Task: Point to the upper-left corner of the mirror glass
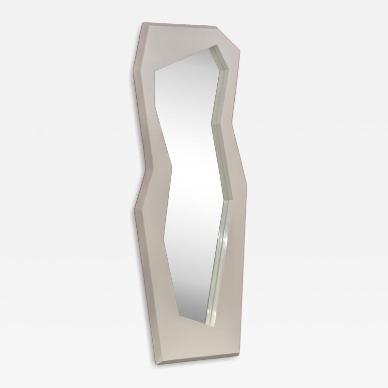pos(155,73)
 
